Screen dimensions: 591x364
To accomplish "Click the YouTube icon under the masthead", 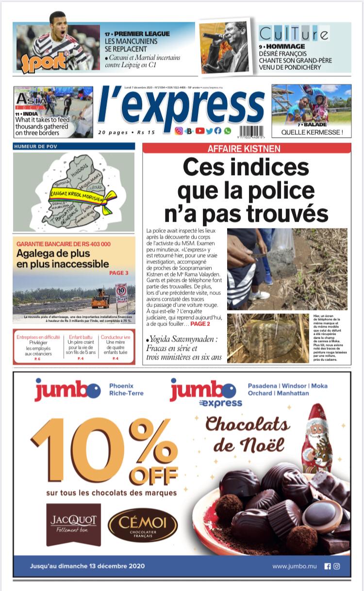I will coord(199,131).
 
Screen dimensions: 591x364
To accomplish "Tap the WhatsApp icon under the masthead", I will coord(227,131).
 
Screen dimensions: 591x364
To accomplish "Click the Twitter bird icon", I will coord(209,131).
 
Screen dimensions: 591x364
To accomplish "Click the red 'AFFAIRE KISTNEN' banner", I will coord(247,148).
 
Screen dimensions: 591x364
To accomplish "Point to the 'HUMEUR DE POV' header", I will coord(74,146).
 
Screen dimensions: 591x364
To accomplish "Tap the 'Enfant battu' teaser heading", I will coord(82,337).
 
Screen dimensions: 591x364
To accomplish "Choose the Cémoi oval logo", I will coord(143,525).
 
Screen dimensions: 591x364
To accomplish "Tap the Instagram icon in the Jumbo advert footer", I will coord(336,566).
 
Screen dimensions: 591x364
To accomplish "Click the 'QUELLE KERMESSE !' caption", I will coord(312,131).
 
